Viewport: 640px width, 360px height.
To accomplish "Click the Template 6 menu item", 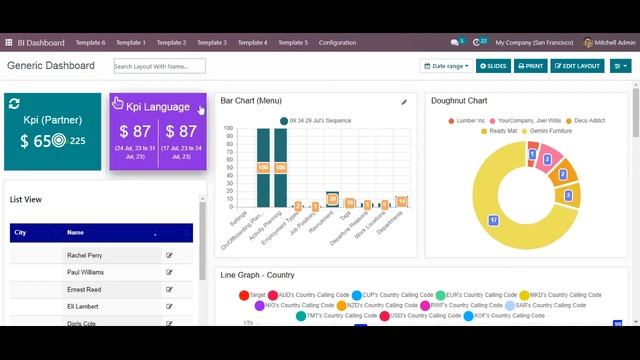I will (x=90, y=43).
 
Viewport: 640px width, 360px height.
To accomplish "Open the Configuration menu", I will (x=337, y=43).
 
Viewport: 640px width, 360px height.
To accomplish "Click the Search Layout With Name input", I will (x=159, y=66).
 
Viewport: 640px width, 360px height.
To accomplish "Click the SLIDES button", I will (x=493, y=66).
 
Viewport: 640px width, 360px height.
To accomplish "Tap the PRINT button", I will (x=530, y=66).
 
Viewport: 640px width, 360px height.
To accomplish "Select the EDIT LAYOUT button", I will (x=577, y=66).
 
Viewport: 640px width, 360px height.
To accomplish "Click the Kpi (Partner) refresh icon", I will (x=14, y=104).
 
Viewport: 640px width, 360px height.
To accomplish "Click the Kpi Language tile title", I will (x=158, y=107).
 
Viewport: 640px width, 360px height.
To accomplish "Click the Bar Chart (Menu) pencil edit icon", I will (x=404, y=102).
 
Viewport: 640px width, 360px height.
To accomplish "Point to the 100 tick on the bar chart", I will (x=228, y=128).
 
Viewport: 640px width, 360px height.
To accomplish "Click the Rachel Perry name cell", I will (x=84, y=255).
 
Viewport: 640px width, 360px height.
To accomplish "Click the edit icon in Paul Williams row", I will (x=169, y=272).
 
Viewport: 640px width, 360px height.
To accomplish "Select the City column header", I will (x=20, y=232).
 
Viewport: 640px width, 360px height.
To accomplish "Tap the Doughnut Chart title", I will (x=459, y=101).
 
